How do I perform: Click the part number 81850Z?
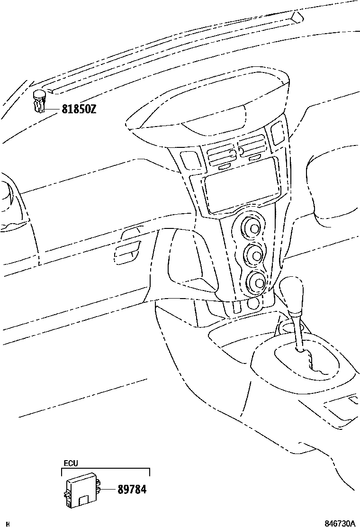(x=79, y=109)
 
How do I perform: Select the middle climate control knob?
(x=255, y=256)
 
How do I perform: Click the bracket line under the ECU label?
(x=105, y=469)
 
